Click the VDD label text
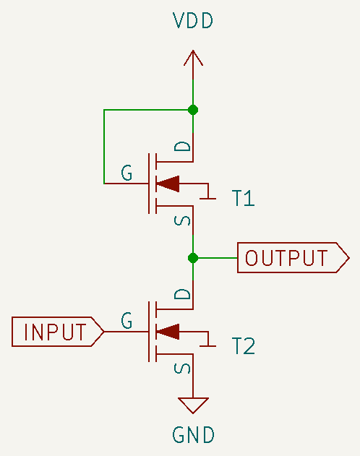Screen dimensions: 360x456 (193, 21)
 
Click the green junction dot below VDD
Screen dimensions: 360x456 (193, 110)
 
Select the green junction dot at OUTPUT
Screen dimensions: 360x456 (193, 258)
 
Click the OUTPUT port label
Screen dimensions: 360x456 (293, 258)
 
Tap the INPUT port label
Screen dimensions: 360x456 (58, 332)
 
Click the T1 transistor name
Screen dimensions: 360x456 (244, 198)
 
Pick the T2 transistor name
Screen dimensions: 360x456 (244, 345)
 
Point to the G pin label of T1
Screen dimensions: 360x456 (127, 173)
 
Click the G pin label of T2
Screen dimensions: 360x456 (127, 320)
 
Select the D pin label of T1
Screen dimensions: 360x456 (182, 146)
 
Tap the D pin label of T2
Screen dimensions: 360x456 (182, 294)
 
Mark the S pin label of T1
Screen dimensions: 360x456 (182, 221)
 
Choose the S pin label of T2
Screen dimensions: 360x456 (182, 369)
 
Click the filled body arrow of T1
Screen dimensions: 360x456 (168, 184)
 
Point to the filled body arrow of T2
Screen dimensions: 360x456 (168, 332)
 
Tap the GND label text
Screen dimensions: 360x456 (194, 435)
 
